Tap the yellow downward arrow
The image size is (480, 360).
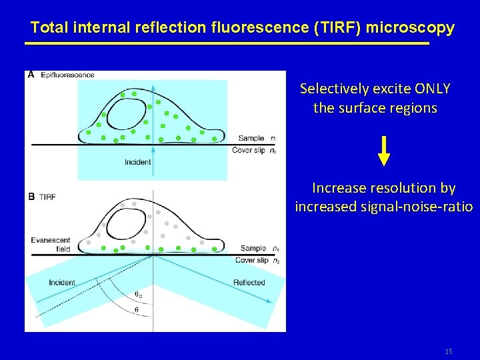point(384,151)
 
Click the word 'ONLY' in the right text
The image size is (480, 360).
point(432,89)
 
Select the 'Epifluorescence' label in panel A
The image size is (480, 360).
point(67,75)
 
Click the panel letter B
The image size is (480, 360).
point(31,197)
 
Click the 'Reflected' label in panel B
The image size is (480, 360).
point(249,283)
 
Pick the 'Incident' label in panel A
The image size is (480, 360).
point(137,162)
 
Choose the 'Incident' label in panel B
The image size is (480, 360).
point(62,283)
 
